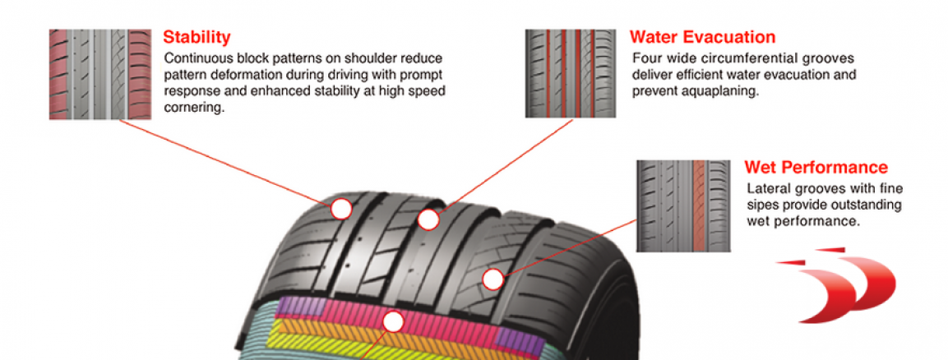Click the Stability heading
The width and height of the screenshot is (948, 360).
pos(197,37)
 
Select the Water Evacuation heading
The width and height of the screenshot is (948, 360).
pos(702,37)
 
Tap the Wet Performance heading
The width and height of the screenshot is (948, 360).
pos(816,168)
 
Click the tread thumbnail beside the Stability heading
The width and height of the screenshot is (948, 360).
pos(100,75)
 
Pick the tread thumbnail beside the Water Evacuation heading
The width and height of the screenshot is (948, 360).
pos(569,74)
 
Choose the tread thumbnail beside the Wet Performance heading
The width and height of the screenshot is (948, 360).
pos(682,205)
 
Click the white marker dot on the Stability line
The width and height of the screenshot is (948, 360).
pos(341,209)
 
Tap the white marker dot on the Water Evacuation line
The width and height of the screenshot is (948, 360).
pos(428,219)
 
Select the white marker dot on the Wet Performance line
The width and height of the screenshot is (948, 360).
pos(492,279)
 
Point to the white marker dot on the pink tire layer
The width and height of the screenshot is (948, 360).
pos(394,322)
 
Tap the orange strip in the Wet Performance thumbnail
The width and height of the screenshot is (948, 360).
pos(700,205)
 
